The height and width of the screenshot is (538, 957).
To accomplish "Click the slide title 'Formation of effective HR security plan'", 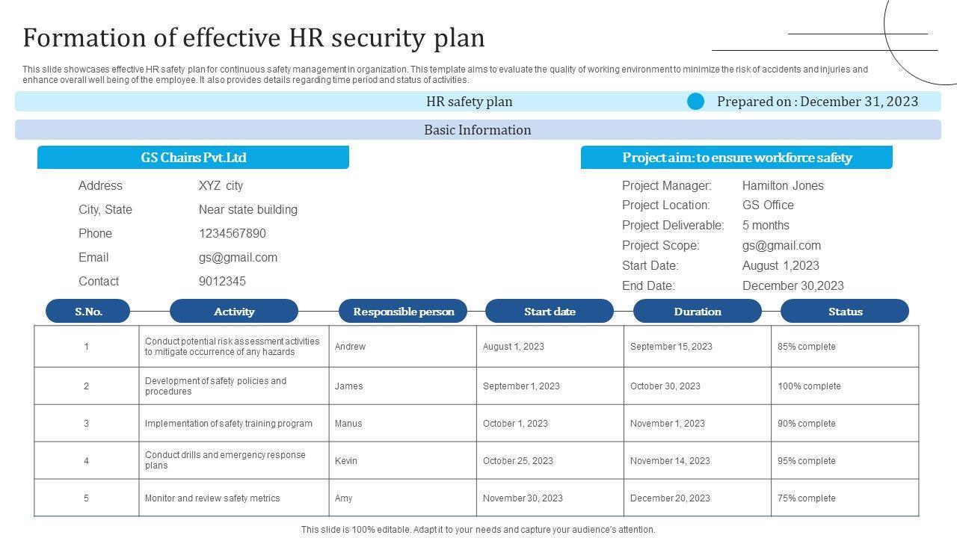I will click(x=253, y=37).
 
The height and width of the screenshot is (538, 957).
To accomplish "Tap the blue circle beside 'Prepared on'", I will click(x=695, y=102).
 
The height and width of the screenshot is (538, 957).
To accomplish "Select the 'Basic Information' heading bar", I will click(x=478, y=130).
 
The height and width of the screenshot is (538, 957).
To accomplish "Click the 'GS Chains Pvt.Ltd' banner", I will click(x=193, y=158).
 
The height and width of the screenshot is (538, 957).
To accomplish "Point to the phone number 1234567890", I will click(x=232, y=233).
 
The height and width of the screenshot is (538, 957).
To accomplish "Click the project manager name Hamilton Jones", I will click(x=783, y=185).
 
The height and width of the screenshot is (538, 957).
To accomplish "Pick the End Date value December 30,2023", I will click(x=793, y=285).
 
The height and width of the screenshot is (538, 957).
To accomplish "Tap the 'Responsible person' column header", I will click(x=403, y=312).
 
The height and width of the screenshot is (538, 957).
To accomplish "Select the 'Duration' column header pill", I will click(x=697, y=312).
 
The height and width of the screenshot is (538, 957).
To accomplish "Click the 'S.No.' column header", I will click(x=88, y=312).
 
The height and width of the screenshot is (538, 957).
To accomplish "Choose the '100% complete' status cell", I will click(x=809, y=386).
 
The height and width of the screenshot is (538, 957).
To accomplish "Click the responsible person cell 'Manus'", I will click(x=348, y=424).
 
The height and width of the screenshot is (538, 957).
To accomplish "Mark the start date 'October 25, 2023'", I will click(x=518, y=461).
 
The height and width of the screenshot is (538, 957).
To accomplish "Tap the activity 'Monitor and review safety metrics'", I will click(x=212, y=498).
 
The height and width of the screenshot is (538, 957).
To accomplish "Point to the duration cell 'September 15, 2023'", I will click(x=671, y=347).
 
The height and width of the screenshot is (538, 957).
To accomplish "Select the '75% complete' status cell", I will click(x=807, y=498).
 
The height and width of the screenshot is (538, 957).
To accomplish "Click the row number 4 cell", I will click(x=86, y=461).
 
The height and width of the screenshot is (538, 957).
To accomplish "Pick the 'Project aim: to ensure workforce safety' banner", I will click(x=736, y=158).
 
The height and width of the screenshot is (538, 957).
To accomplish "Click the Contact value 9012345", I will click(x=222, y=281).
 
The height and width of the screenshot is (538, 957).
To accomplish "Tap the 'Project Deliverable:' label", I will click(x=673, y=225).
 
